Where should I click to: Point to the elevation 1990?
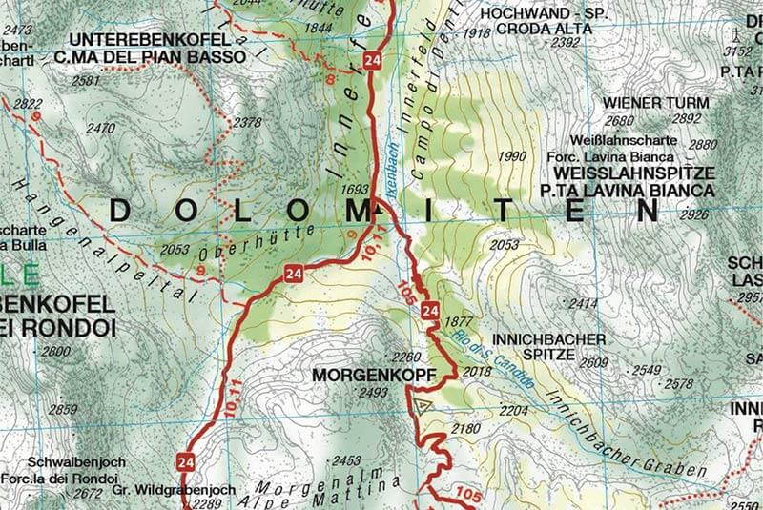click(x=512, y=156)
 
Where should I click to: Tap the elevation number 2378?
click(x=247, y=122)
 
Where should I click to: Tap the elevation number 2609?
click(x=594, y=362)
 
